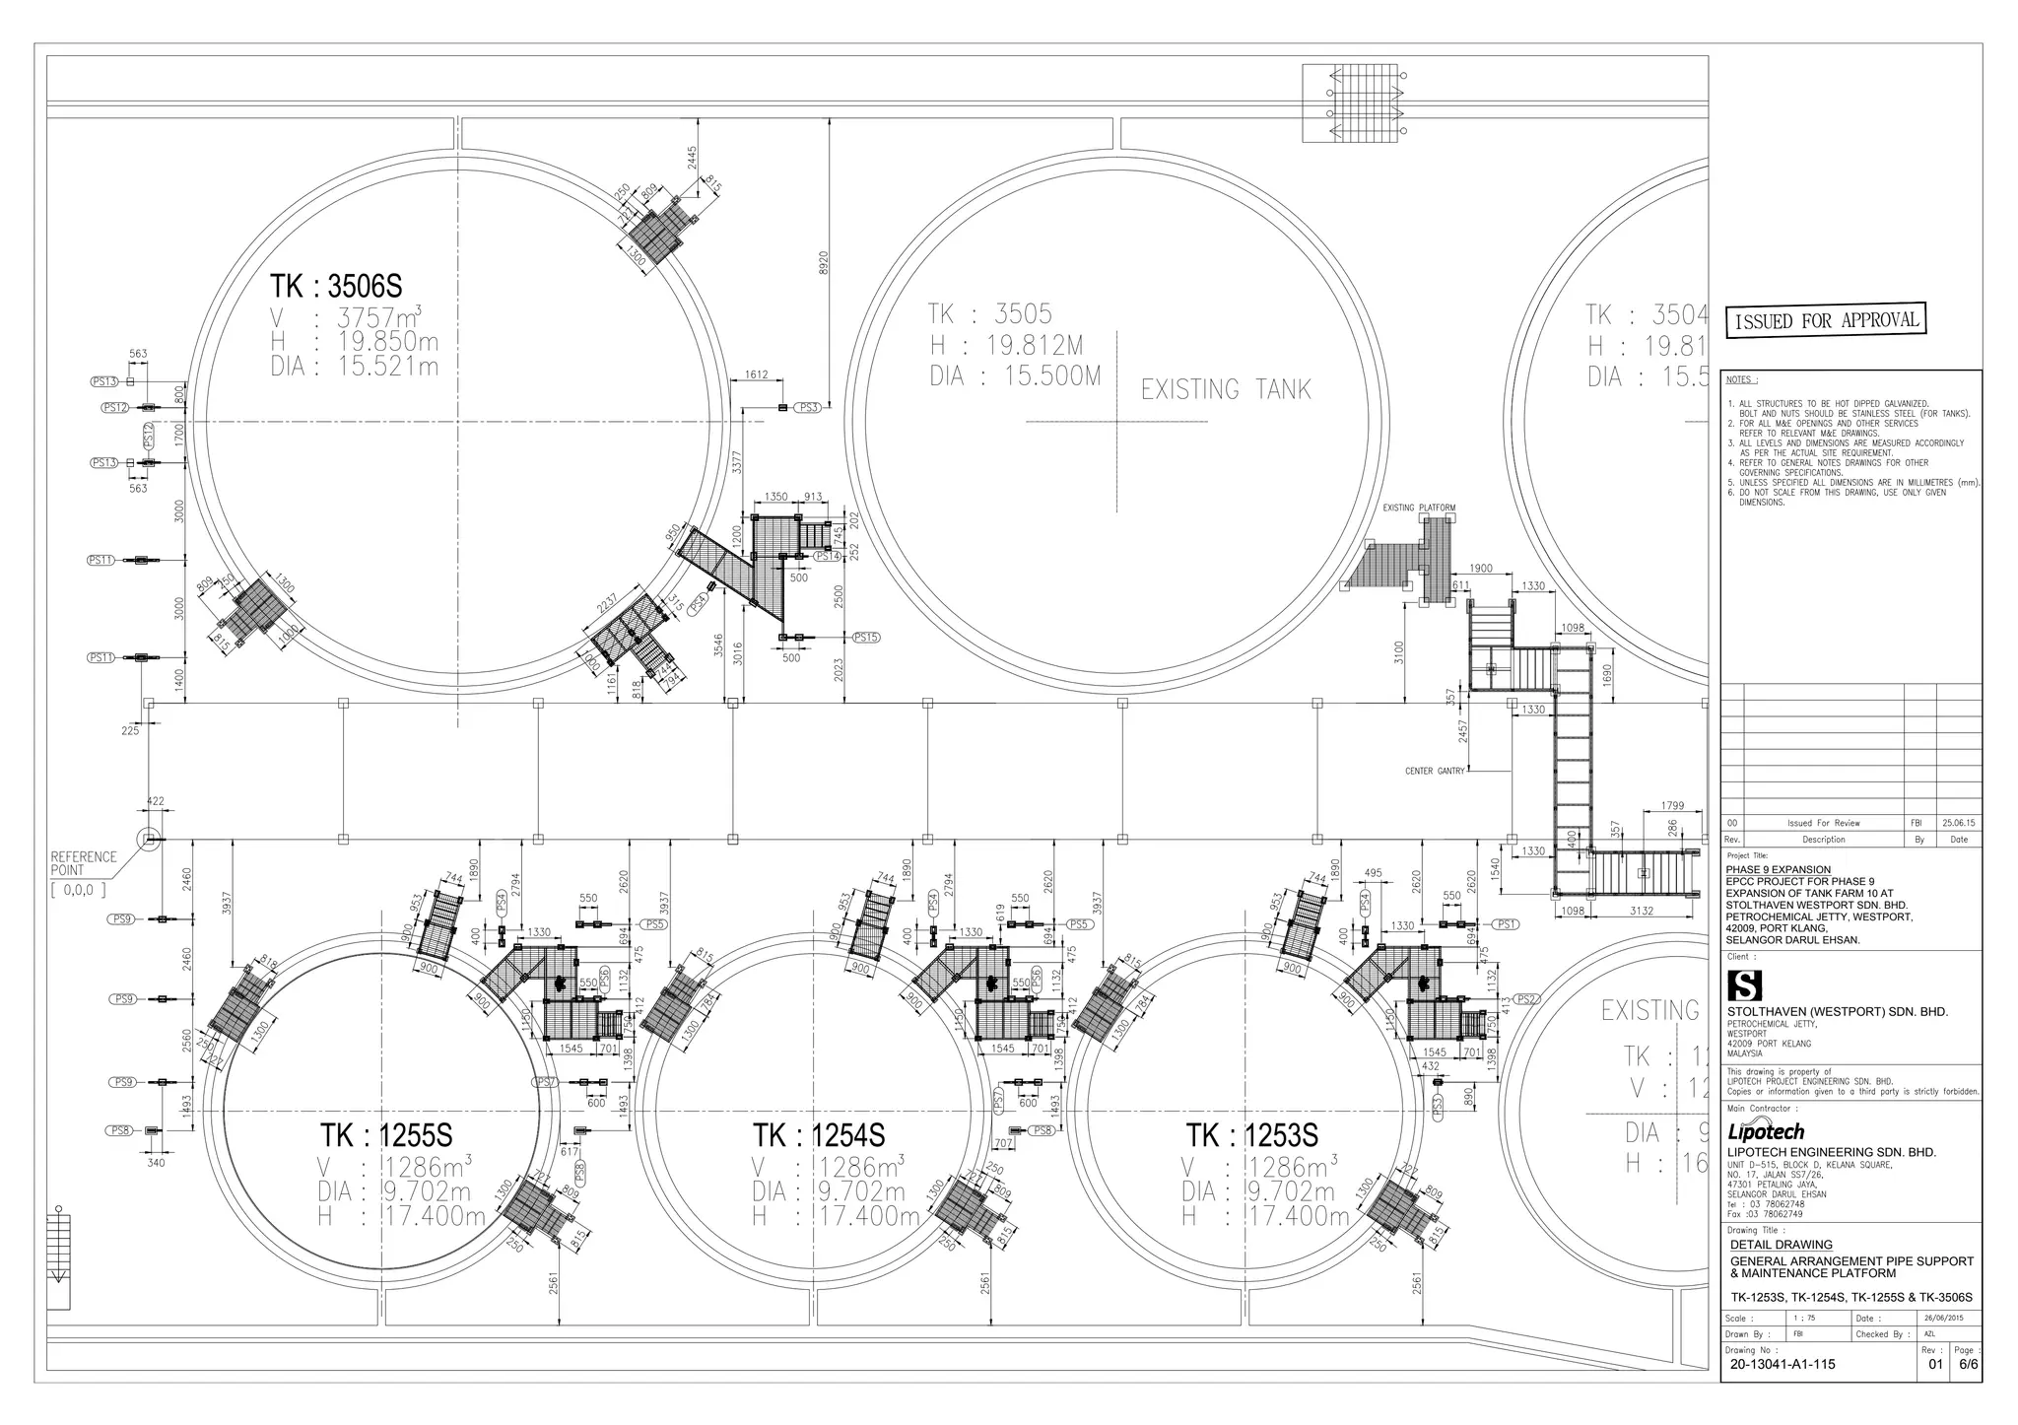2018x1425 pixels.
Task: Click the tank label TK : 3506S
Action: coord(336,286)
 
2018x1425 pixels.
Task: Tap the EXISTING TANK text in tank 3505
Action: coord(1226,390)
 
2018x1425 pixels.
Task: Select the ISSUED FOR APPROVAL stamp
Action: coord(1825,320)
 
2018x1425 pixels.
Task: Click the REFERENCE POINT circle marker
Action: coord(148,839)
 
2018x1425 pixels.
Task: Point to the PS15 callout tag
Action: coord(865,638)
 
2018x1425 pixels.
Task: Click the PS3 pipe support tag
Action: coord(808,407)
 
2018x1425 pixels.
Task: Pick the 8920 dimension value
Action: coord(824,263)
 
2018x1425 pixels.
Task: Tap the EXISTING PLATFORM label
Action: coord(1418,509)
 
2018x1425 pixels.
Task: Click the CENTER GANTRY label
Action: coord(1435,771)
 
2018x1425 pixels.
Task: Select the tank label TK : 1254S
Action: coord(819,1135)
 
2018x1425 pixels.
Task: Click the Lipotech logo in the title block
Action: coord(1766,1132)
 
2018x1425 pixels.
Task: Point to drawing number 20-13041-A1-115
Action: coord(1783,1365)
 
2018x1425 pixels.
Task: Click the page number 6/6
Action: coord(1968,1365)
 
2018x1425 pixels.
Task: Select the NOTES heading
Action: coord(1742,379)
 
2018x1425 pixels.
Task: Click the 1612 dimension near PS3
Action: coord(757,374)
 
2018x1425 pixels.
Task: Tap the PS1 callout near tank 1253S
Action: coord(1508,924)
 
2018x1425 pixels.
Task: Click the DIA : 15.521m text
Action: coord(355,368)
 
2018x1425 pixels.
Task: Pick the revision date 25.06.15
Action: coord(1957,823)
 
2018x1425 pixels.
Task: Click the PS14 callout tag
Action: coord(827,557)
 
